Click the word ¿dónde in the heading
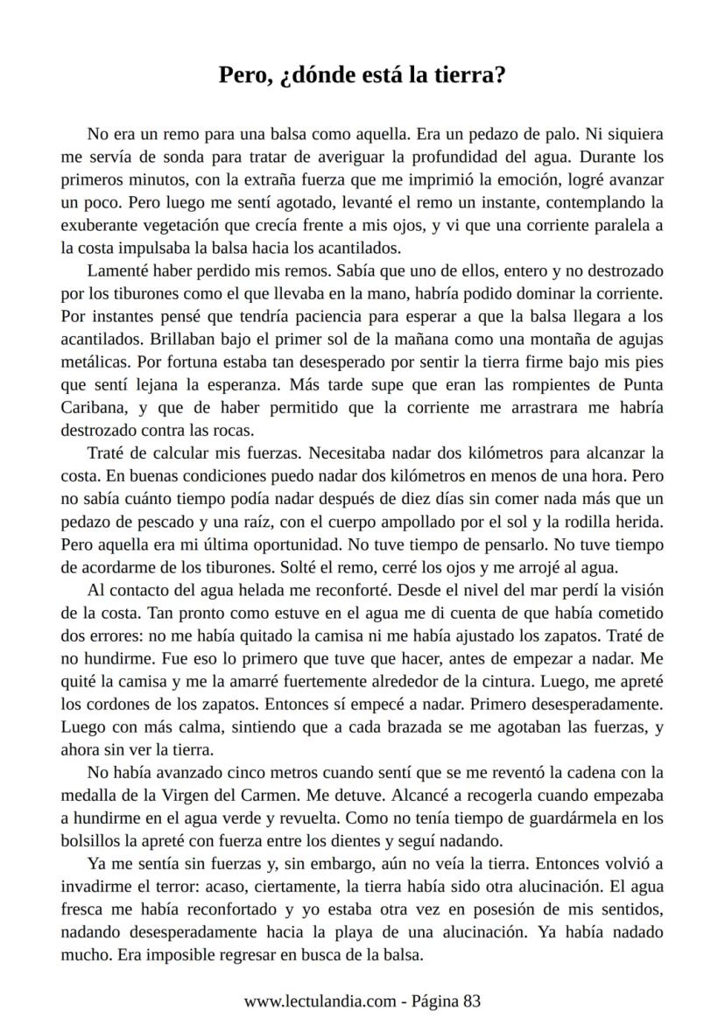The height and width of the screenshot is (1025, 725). click(313, 76)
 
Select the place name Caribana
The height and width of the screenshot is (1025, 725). click(96, 408)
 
